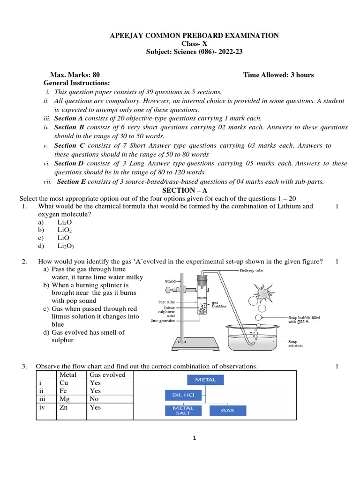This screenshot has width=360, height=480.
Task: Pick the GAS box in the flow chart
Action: click(x=227, y=411)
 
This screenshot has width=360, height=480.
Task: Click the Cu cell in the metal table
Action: click(x=64, y=382)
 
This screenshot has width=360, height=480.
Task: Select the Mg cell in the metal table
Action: click(x=65, y=399)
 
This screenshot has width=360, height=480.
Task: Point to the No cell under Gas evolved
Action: click(x=94, y=399)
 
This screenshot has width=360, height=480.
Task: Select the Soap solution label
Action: click(x=296, y=344)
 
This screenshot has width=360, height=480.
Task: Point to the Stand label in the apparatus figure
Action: click(x=170, y=281)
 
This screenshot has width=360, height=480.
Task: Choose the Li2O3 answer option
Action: click(x=66, y=246)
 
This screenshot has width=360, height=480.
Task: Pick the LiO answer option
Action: click(x=63, y=238)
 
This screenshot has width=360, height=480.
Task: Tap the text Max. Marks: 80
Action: click(x=75, y=75)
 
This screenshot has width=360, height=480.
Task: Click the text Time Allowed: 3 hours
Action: click(x=278, y=75)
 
